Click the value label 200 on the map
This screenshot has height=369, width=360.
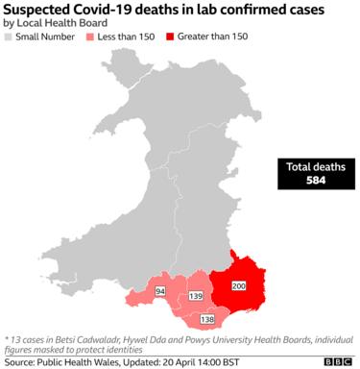(x=239, y=286)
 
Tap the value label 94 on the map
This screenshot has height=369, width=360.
(x=160, y=290)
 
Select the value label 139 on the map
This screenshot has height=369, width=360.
(x=196, y=296)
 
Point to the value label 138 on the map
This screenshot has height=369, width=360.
(x=207, y=318)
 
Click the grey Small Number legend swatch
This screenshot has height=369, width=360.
(x=9, y=37)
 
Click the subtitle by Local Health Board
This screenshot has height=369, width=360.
(x=49, y=22)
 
